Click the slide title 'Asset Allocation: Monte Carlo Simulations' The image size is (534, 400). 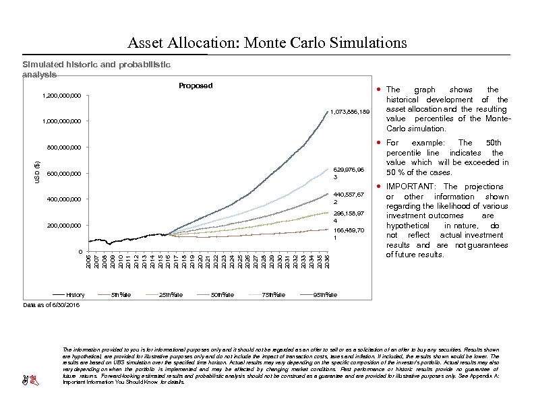[267, 43]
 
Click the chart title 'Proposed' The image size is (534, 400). [195, 86]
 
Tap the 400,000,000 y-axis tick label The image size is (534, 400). [59, 200]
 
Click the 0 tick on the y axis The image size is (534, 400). [80, 251]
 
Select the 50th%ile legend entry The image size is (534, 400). [222, 294]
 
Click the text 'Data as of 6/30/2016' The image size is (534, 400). [51, 305]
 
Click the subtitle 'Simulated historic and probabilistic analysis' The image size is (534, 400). [96, 69]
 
